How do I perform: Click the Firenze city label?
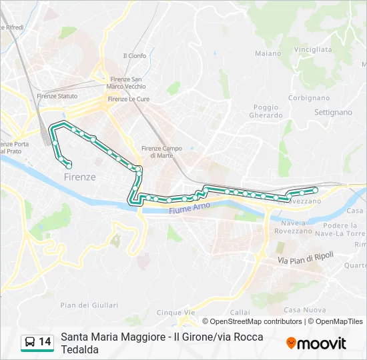click(x=79, y=177)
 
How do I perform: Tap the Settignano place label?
click(x=332, y=112)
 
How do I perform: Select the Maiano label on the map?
click(x=268, y=53)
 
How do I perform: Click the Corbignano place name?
click(x=309, y=97)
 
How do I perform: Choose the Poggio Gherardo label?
click(x=268, y=111)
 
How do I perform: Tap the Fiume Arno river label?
click(x=190, y=208)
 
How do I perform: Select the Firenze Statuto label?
click(x=57, y=96)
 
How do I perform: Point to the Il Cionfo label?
click(x=135, y=56)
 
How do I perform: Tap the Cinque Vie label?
click(x=175, y=312)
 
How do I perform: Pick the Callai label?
click(x=240, y=312)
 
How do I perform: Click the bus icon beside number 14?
click(x=30, y=343)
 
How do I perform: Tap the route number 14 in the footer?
click(x=45, y=342)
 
